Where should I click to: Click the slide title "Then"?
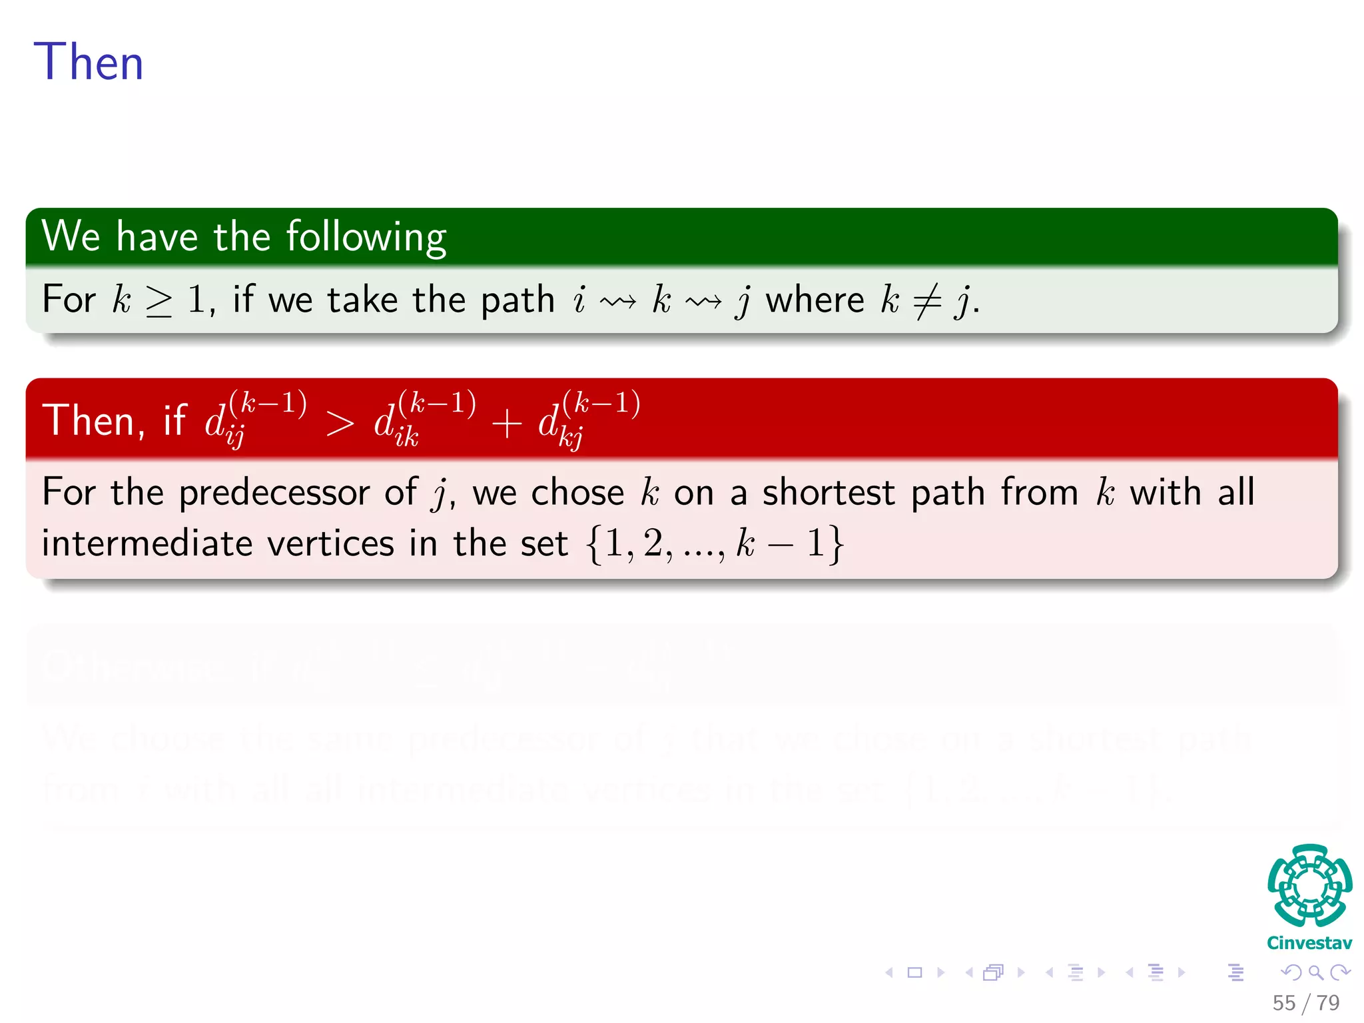click(x=88, y=62)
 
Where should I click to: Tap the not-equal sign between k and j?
click(x=927, y=301)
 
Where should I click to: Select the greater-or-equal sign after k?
click(x=159, y=301)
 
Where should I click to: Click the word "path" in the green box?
click(x=517, y=300)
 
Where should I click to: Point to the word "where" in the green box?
click(x=815, y=300)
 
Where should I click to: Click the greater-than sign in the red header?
click(x=340, y=424)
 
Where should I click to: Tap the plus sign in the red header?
click(x=506, y=424)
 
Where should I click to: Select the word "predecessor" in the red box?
click(x=274, y=494)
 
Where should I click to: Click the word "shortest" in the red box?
click(x=827, y=493)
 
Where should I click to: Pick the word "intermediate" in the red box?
click(x=147, y=543)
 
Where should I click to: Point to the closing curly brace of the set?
click(x=837, y=544)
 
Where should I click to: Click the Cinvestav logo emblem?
click(x=1309, y=885)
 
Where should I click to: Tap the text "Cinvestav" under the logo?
click(x=1309, y=943)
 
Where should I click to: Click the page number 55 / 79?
click(x=1305, y=1003)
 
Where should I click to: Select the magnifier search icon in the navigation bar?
click(x=1315, y=972)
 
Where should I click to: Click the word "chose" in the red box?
click(x=577, y=493)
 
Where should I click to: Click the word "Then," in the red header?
click(x=93, y=421)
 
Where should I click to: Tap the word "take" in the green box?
click(x=363, y=300)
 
